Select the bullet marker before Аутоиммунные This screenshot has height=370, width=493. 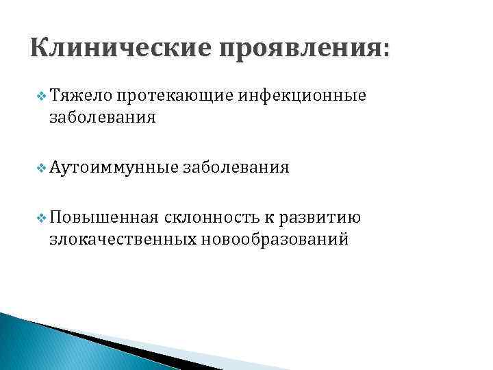tap(42, 166)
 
